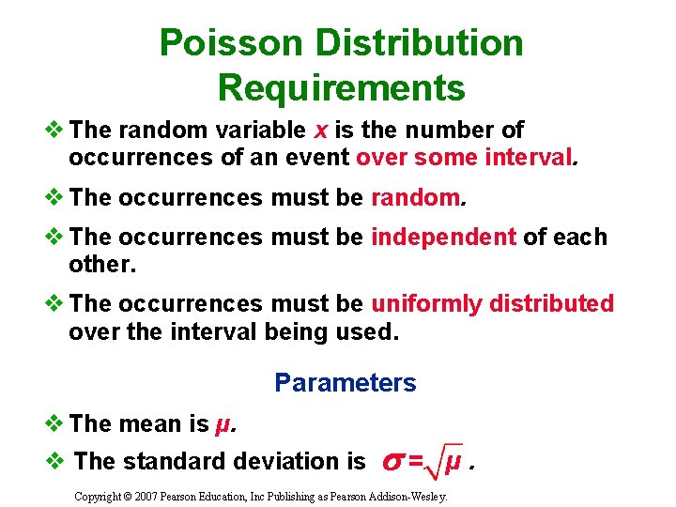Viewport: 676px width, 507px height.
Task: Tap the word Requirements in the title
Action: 341,87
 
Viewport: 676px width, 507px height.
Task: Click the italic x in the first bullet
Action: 320,130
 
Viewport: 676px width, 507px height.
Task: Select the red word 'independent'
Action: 443,238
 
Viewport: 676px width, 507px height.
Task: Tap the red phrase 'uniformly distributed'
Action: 493,303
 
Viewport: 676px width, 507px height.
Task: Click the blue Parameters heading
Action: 345,383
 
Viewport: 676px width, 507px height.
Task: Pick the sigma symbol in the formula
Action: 392,461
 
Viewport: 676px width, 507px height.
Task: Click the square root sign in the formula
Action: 438,461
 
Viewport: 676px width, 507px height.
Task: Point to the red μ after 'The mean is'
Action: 223,424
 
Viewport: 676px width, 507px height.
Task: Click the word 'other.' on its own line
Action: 102,265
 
